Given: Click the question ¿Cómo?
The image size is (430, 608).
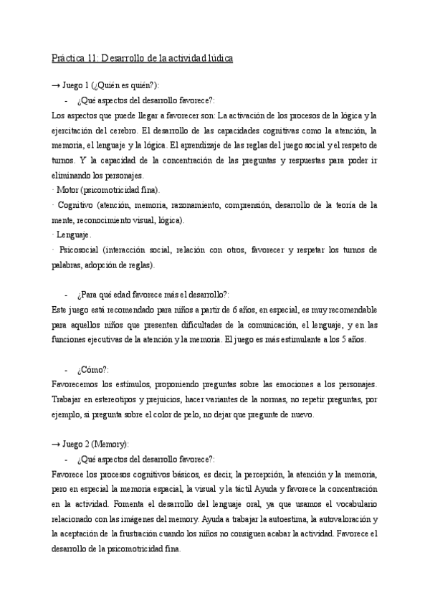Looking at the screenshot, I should (90, 370).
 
